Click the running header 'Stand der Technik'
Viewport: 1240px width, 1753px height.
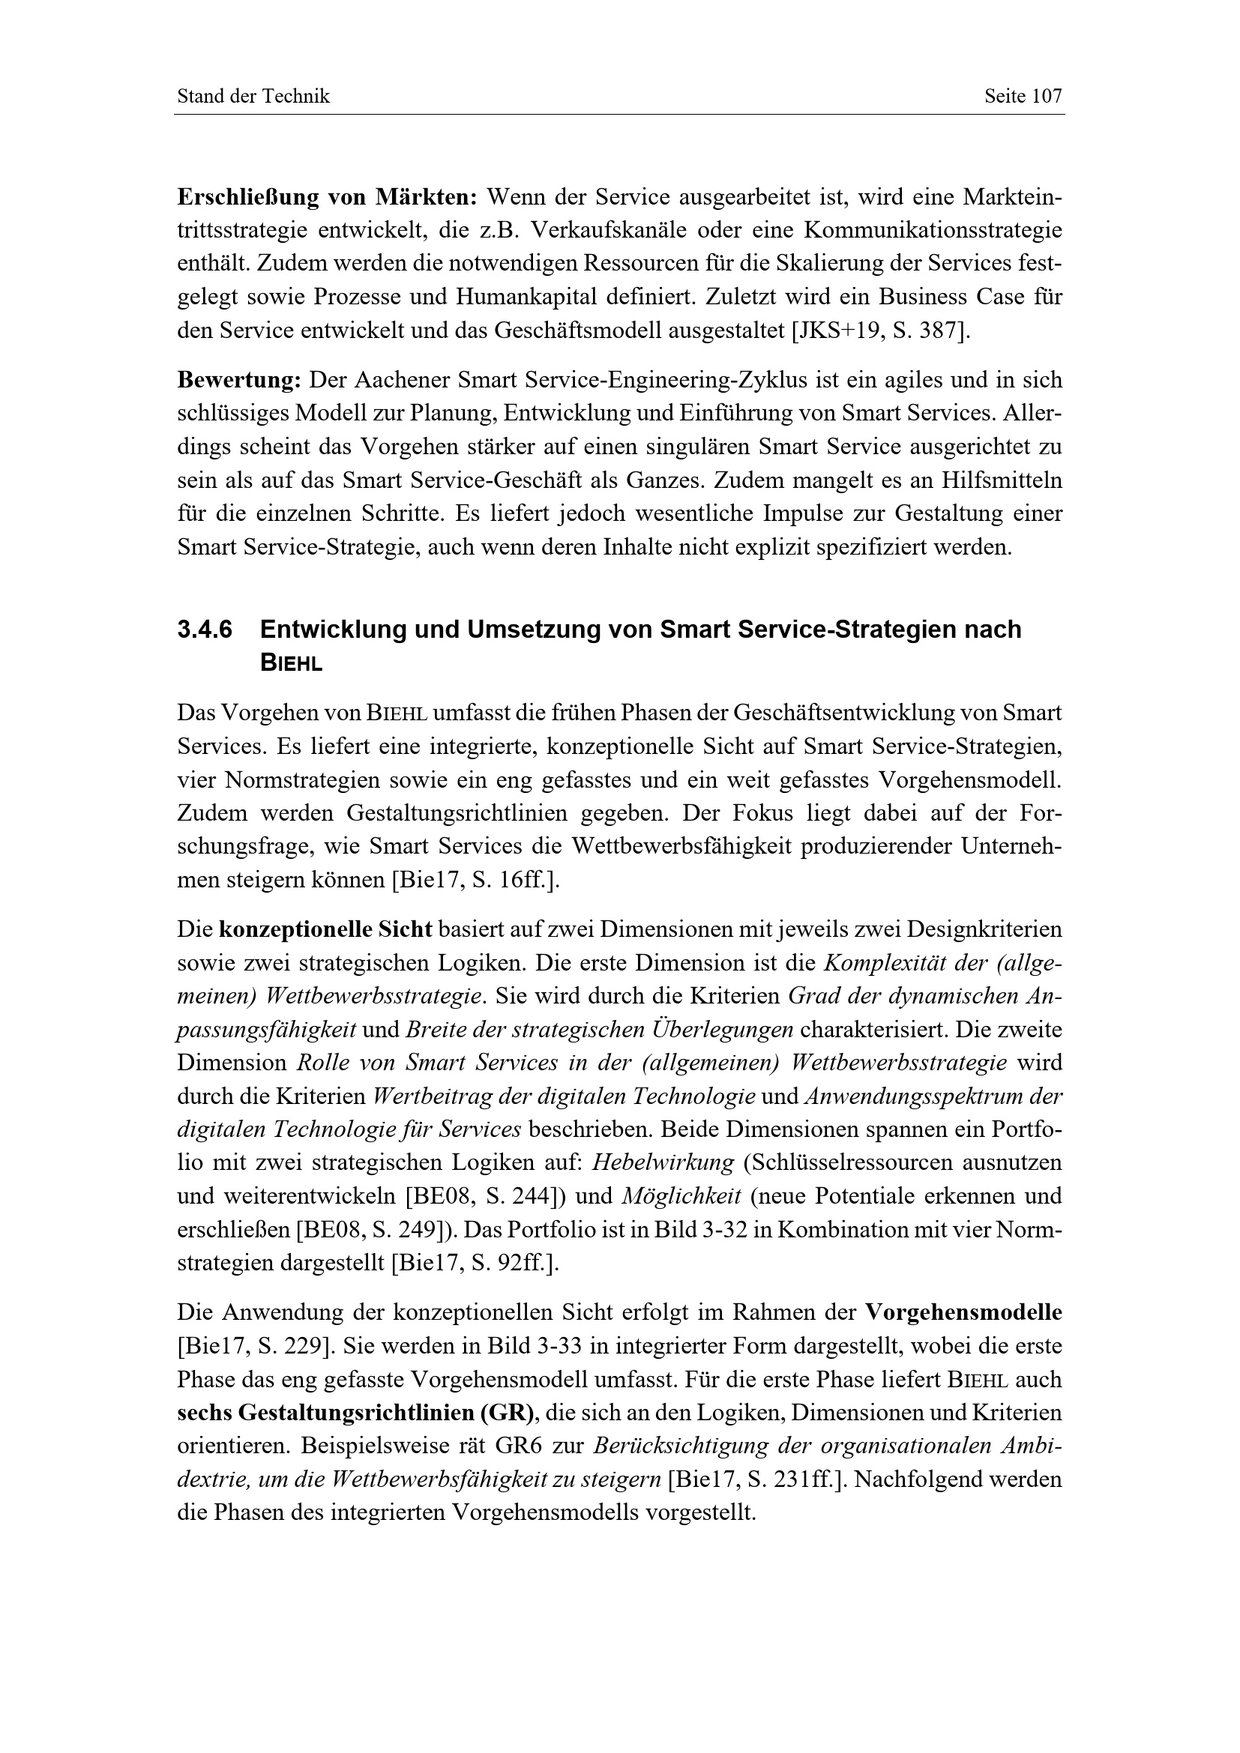[253, 96]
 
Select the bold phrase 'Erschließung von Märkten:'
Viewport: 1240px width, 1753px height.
[327, 197]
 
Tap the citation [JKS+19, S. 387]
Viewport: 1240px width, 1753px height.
[880, 331]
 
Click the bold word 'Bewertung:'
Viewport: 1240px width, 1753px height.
[240, 379]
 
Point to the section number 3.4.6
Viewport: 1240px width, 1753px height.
[205, 629]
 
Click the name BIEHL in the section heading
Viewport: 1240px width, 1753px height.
[291, 663]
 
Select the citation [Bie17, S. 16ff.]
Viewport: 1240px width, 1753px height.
[475, 880]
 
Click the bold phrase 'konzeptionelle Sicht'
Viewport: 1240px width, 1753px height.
[325, 929]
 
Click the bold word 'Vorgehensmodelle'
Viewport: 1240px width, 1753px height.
[963, 1312]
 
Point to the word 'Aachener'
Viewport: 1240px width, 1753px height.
[403, 379]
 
